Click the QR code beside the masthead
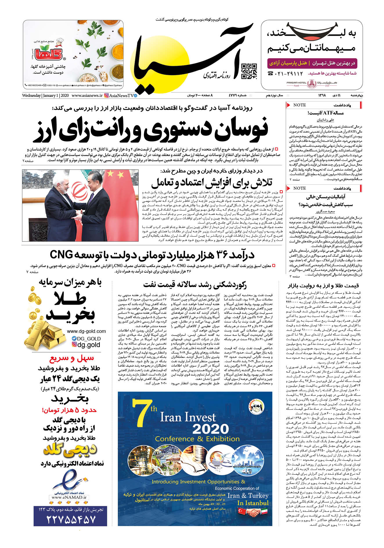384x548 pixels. (x=249, y=71)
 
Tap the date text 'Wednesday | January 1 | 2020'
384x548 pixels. (x=45, y=95)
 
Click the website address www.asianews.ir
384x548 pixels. (x=87, y=95)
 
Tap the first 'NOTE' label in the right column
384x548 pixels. (x=299, y=105)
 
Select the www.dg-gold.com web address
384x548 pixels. (x=86, y=331)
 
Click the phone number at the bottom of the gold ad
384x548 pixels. (x=71, y=519)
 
